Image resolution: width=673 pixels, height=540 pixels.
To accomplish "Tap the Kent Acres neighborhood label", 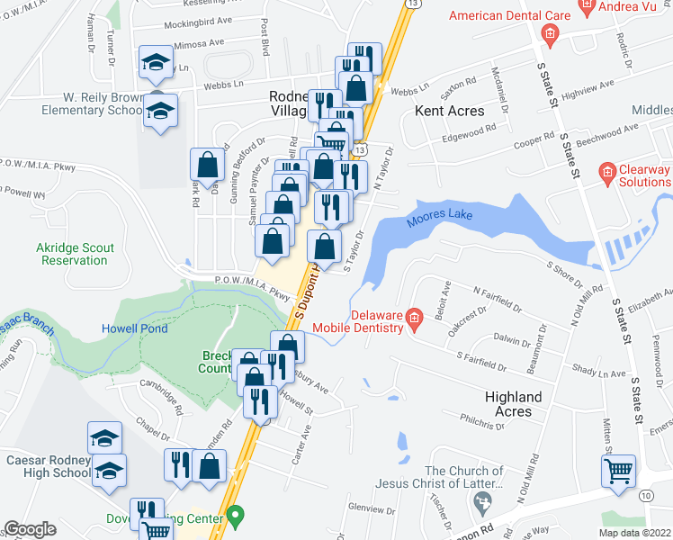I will [449, 111].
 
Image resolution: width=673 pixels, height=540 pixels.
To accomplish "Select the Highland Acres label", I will [513, 403].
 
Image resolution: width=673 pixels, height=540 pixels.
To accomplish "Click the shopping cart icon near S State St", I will [619, 471].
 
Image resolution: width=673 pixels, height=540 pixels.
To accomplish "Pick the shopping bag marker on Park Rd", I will [208, 165].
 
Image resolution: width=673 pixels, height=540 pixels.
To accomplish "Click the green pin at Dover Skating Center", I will [236, 517].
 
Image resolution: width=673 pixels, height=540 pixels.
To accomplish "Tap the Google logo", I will [30, 529].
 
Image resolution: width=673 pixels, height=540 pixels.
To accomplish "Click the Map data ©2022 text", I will [634, 533].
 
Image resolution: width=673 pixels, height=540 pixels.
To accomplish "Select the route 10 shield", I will [645, 495].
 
